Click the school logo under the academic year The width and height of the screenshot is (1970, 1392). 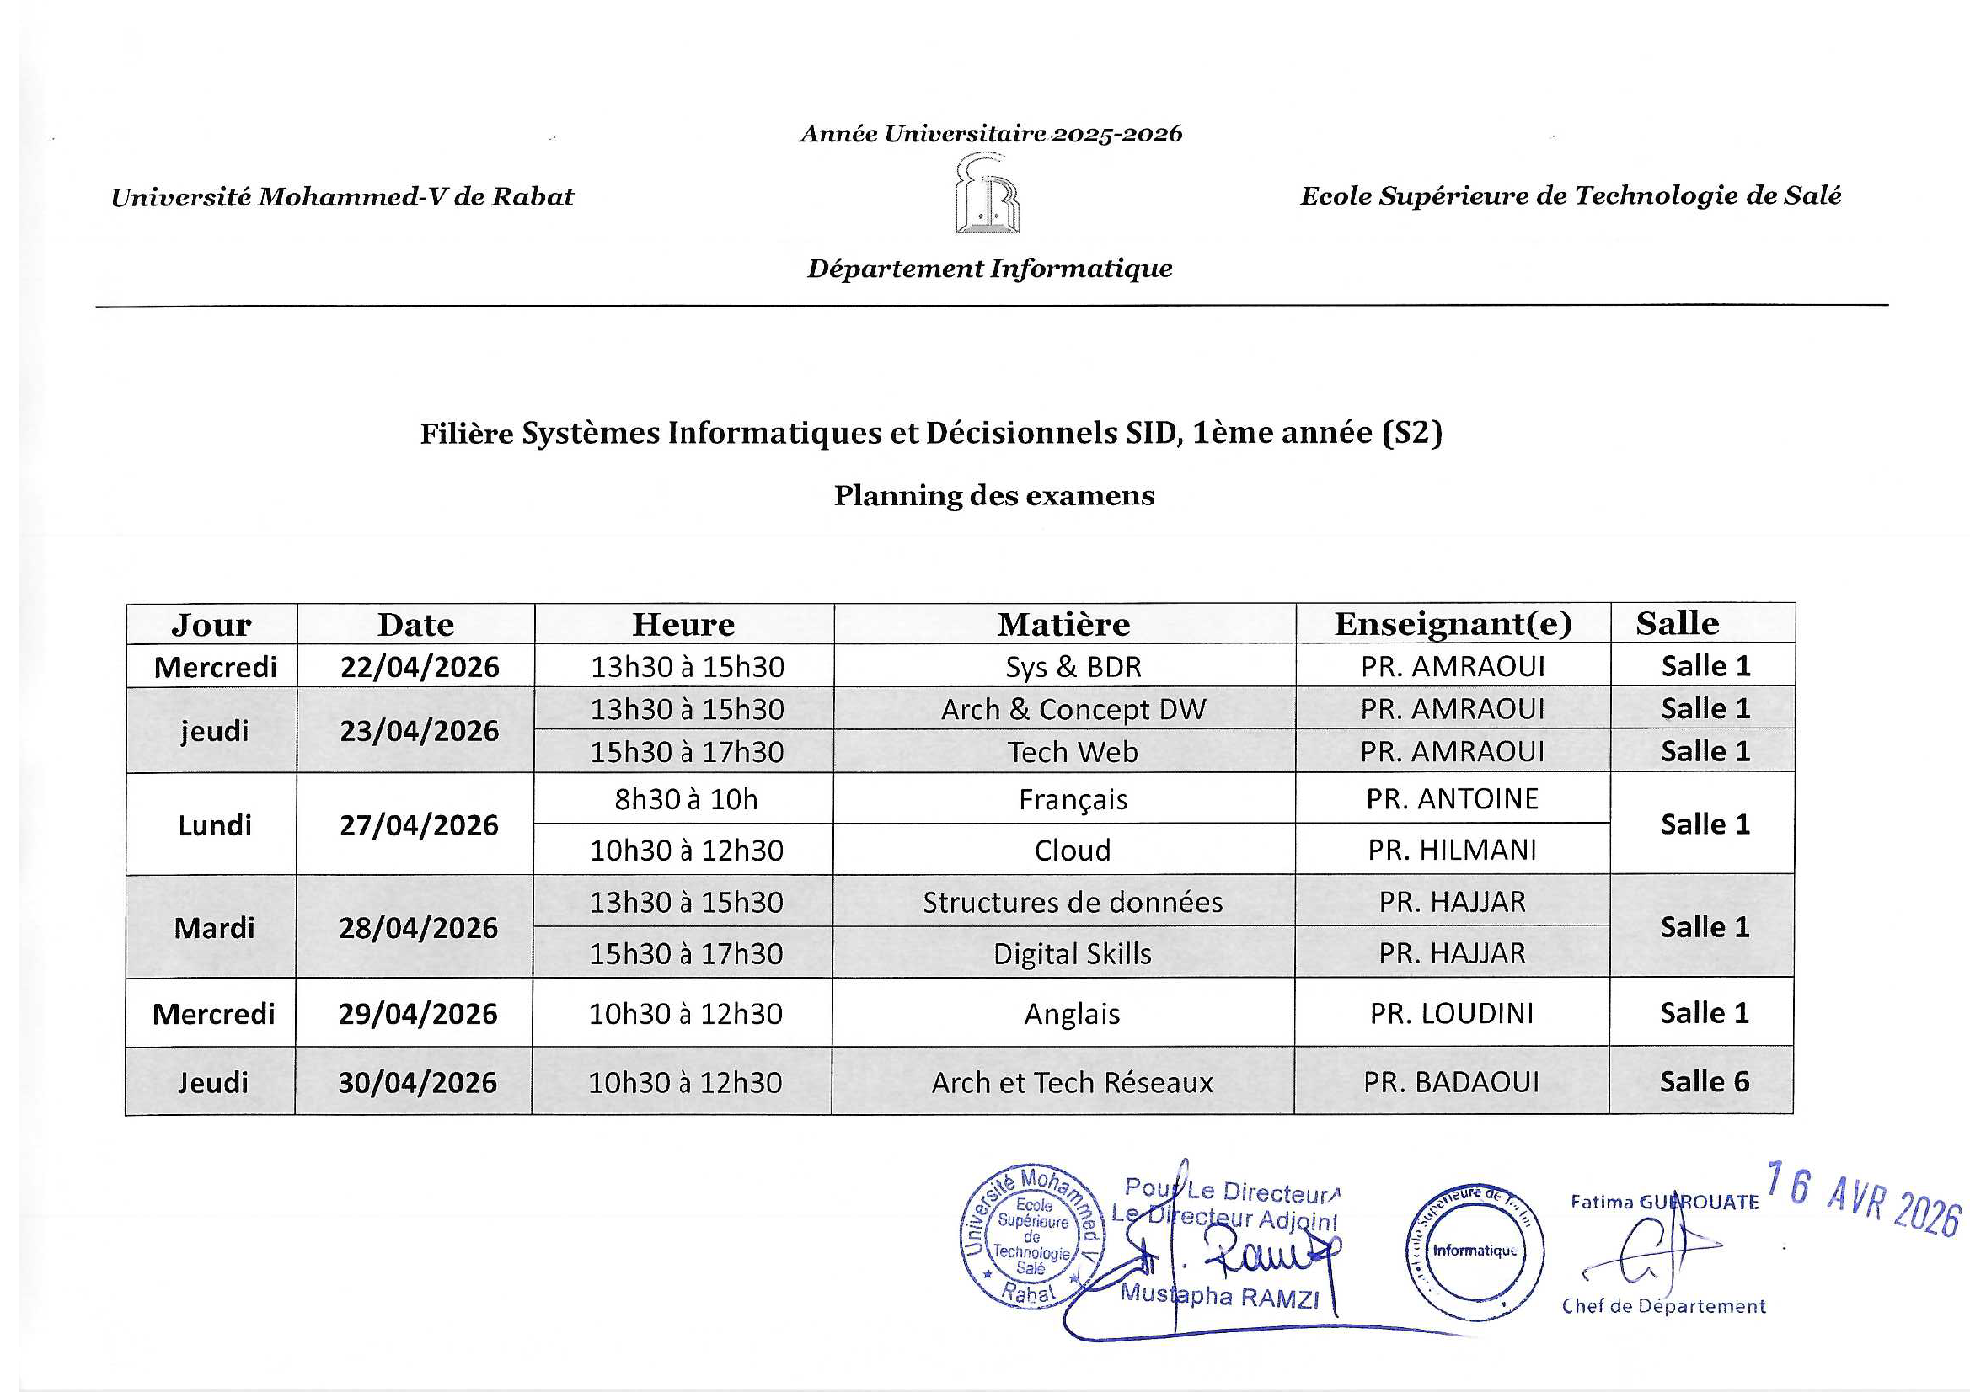coord(987,194)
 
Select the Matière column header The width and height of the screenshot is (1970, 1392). coord(1063,624)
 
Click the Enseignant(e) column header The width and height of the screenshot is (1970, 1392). coord(1453,623)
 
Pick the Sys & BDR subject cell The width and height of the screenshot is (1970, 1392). coord(1073,666)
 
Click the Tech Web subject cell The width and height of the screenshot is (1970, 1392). coord(1073,752)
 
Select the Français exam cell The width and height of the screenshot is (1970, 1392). coord(1073,799)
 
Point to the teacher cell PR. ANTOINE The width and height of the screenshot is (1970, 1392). coord(1452,798)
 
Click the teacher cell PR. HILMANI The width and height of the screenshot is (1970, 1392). coord(1452,850)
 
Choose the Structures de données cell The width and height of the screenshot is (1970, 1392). coord(1073,902)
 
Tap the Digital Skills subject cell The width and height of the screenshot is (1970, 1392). coord(1073,954)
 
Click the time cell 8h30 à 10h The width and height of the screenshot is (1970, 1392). coord(686,799)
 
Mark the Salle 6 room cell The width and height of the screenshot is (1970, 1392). coord(1704,1081)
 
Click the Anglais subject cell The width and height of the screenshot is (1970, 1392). coord(1072,1014)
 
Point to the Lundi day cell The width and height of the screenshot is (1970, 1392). coord(215,825)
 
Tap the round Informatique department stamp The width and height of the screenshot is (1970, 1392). coord(1474,1250)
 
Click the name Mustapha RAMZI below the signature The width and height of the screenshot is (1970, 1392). coord(1219,1295)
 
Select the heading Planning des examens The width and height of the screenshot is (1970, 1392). coord(993,496)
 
